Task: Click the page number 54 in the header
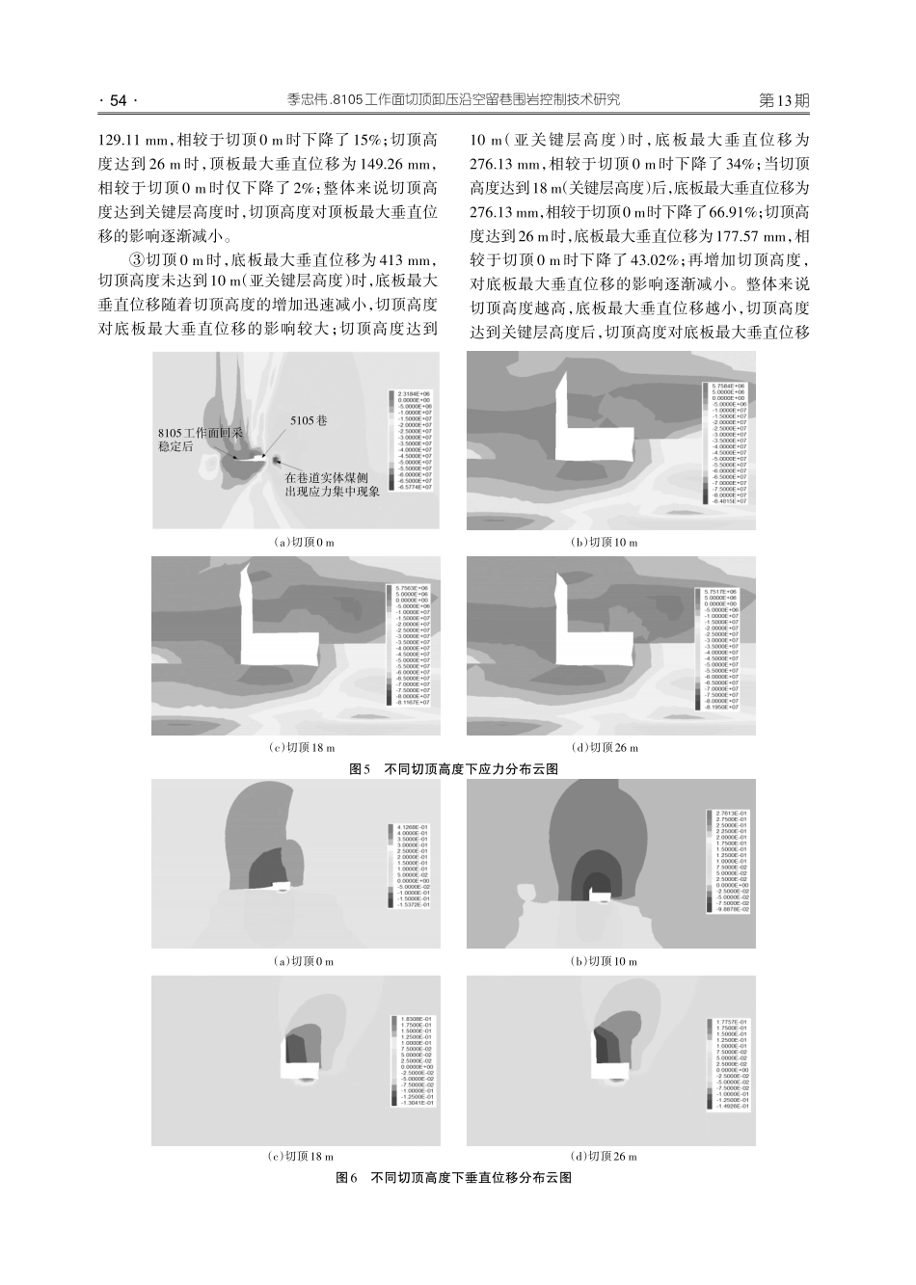(x=120, y=100)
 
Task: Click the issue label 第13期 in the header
(x=784, y=100)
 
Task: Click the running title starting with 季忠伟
(x=453, y=100)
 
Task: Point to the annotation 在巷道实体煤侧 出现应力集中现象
(x=332, y=485)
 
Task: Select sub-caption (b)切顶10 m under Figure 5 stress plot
(x=605, y=543)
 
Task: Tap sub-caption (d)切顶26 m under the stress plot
(x=605, y=747)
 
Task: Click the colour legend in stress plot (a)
(x=412, y=441)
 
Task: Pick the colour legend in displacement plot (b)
(x=729, y=861)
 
